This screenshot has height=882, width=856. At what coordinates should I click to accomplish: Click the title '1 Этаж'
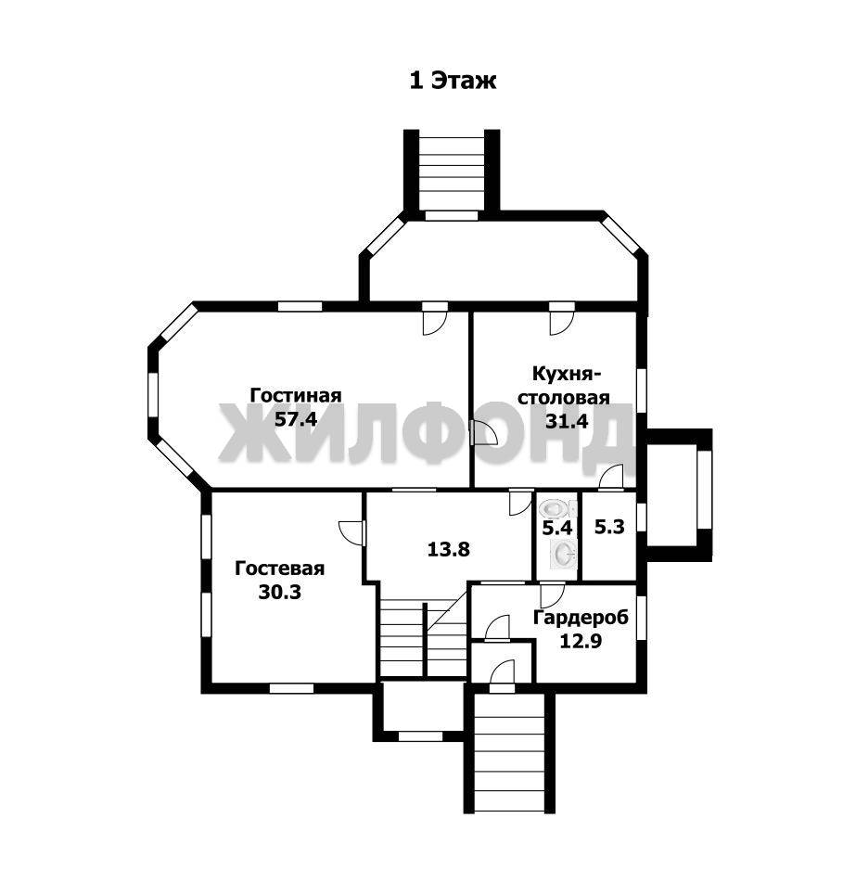(453, 81)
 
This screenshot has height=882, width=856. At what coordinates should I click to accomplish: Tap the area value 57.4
(296, 419)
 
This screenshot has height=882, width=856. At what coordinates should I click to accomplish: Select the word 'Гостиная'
(296, 395)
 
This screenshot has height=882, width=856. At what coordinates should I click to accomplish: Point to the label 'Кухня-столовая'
(564, 385)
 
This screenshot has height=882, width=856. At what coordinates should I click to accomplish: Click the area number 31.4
(567, 421)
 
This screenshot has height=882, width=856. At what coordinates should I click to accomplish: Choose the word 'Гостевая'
(279, 569)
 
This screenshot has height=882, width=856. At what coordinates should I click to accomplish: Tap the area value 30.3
(279, 592)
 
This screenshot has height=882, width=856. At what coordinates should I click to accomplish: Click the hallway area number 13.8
(448, 549)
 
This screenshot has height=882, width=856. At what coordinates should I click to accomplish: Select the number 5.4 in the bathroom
(556, 529)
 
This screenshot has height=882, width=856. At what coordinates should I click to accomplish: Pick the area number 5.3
(609, 528)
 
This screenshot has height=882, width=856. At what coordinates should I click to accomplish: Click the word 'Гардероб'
(581, 617)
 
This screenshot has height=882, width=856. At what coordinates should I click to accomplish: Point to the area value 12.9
(581, 641)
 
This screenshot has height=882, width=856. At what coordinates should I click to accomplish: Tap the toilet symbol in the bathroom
(556, 509)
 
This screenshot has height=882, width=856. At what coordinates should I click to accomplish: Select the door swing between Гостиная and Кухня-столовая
(484, 433)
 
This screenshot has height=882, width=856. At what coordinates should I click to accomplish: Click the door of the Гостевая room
(352, 531)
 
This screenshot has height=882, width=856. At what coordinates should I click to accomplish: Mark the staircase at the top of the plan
(452, 173)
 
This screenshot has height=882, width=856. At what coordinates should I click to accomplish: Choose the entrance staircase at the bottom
(509, 753)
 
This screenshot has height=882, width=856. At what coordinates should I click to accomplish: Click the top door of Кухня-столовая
(561, 318)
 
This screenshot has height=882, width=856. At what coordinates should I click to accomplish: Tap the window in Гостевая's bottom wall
(291, 688)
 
